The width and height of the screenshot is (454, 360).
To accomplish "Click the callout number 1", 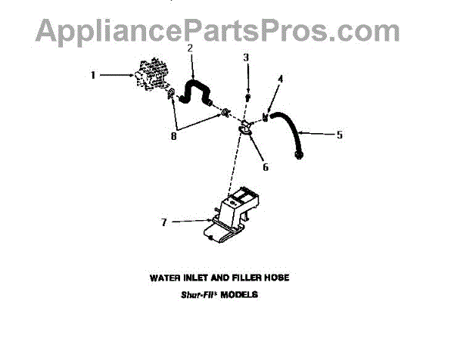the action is [x=92, y=75].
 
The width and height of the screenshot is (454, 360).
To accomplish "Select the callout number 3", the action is [x=246, y=57].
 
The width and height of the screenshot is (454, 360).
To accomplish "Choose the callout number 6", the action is [x=265, y=168].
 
